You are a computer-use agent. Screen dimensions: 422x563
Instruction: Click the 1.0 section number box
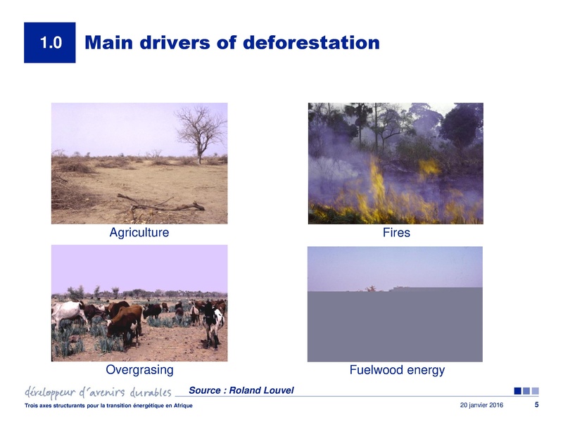tap(49, 43)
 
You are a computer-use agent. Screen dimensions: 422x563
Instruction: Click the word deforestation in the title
tap(311, 43)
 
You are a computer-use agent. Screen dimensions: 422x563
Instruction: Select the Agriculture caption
tap(139, 232)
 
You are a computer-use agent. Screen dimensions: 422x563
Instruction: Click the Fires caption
tap(396, 232)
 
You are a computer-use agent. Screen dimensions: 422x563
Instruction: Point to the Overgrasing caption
tap(139, 370)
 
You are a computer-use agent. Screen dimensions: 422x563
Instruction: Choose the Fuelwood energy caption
tap(397, 370)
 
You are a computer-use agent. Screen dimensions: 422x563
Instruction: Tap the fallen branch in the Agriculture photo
tap(162, 205)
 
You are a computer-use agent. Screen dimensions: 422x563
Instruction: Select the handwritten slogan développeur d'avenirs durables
tap(98, 391)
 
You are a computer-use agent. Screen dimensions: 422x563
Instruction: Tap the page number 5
tap(536, 405)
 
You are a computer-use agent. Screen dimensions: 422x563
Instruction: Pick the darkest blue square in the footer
tap(518, 391)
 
